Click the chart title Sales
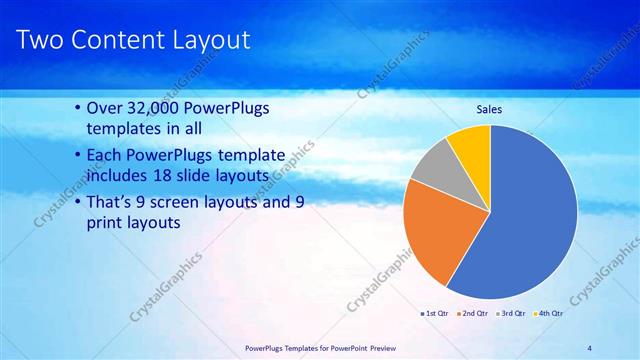point(488,109)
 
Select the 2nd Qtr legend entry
point(473,313)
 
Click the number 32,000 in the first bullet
point(161,108)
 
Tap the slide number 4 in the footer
point(589,348)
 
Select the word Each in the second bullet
point(106,156)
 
